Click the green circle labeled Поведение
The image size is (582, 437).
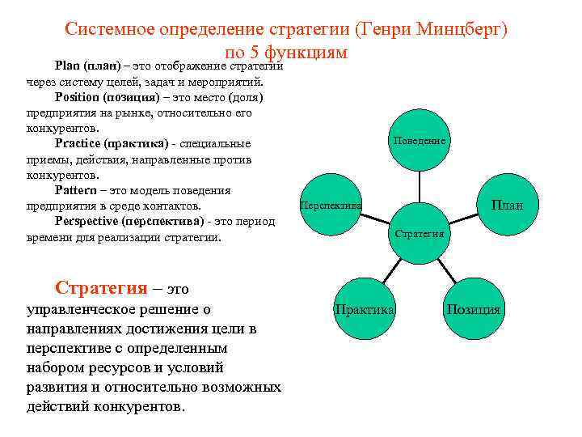coord(420,141)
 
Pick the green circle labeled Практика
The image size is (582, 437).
coord(365,309)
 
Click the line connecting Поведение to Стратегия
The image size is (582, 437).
coord(420,186)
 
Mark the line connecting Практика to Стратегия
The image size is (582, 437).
coord(392,271)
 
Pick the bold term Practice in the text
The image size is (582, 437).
coord(80,144)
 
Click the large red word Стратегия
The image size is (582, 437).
coord(101,288)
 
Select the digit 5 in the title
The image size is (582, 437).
coord(257,53)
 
